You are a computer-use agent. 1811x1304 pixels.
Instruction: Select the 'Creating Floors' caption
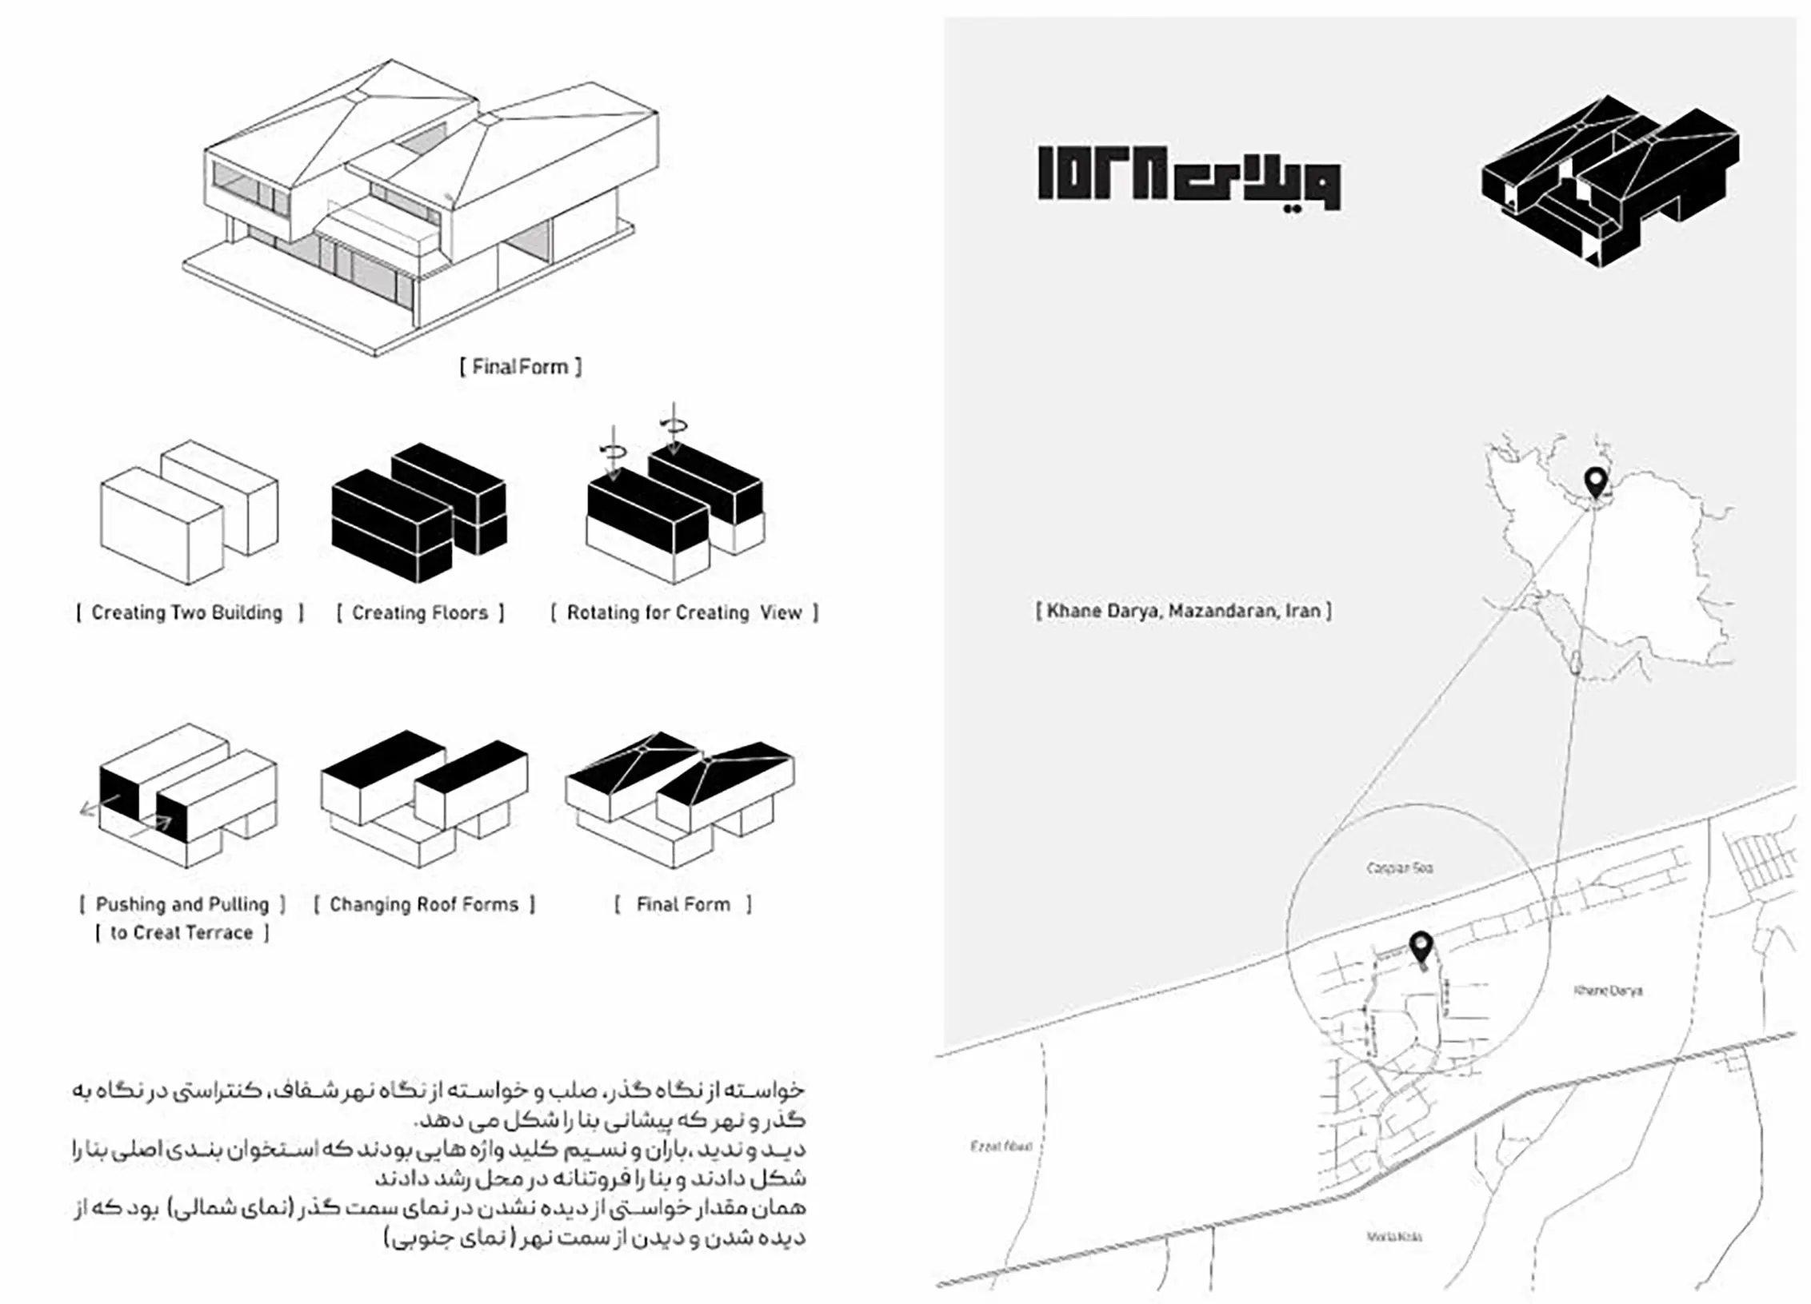pyautogui.click(x=420, y=612)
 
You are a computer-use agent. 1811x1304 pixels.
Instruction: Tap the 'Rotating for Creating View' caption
pyautogui.click(x=684, y=612)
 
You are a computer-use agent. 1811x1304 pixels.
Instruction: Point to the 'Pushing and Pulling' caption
pyautogui.click(x=182, y=904)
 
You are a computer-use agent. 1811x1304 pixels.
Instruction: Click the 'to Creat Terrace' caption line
pyautogui.click(x=182, y=932)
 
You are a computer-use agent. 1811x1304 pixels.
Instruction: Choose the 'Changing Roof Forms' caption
pyautogui.click(x=424, y=904)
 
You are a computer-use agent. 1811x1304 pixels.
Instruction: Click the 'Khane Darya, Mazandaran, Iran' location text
pyautogui.click(x=1184, y=611)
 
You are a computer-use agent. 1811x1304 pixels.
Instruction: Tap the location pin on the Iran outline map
pyautogui.click(x=1596, y=482)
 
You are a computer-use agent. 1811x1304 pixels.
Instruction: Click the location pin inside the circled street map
pyautogui.click(x=1421, y=948)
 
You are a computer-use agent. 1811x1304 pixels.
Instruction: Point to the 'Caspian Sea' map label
pyautogui.click(x=1400, y=867)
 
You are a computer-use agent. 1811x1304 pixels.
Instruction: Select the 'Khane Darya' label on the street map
pyautogui.click(x=1608, y=991)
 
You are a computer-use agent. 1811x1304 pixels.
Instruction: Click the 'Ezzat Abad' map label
pyautogui.click(x=1001, y=1146)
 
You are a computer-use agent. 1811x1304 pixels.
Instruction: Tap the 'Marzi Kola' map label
pyautogui.click(x=1394, y=1237)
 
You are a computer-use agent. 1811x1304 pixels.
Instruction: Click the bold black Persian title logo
pyautogui.click(x=1189, y=179)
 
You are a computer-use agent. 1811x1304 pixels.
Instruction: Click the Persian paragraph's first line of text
pyautogui.click(x=438, y=1090)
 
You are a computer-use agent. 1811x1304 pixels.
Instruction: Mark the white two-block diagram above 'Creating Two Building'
pyautogui.click(x=189, y=512)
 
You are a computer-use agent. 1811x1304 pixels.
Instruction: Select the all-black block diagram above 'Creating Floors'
pyautogui.click(x=418, y=512)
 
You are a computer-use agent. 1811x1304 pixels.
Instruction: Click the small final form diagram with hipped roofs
pyautogui.click(x=680, y=800)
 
